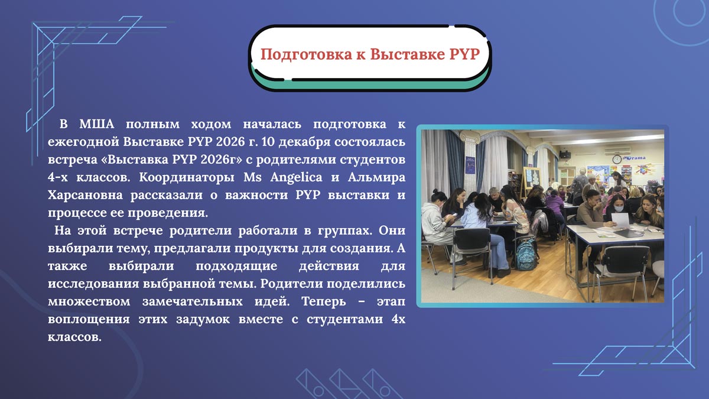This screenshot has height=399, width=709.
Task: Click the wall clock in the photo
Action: click(x=617, y=159)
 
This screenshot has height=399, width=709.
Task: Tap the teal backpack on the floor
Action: click(x=526, y=254)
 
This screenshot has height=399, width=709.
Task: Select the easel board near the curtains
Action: click(x=532, y=177)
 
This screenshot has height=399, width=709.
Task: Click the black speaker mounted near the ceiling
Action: click(x=565, y=154)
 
